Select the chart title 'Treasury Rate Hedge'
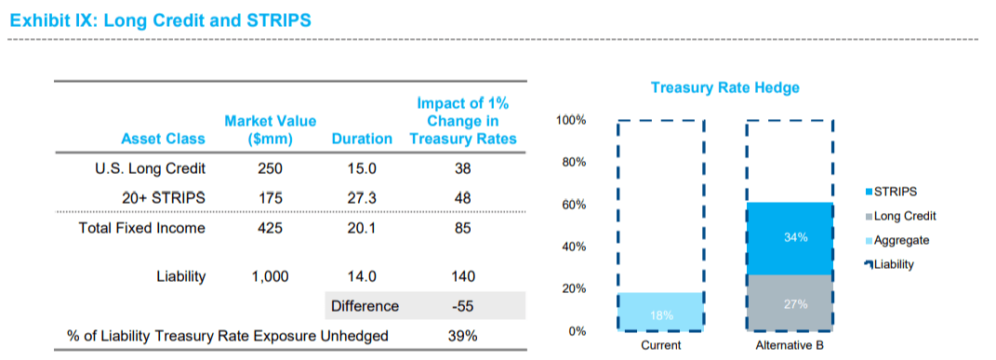click(x=724, y=87)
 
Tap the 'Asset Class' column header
click(x=164, y=139)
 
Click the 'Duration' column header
click(x=362, y=139)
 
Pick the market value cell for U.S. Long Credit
click(x=270, y=168)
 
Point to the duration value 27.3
click(x=362, y=198)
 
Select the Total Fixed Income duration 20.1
click(x=362, y=228)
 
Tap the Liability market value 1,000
click(x=270, y=276)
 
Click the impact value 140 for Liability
click(x=462, y=276)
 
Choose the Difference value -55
click(x=462, y=306)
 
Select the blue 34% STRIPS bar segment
click(x=790, y=238)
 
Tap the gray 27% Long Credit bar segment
click(x=790, y=302)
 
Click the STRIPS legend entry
click(x=894, y=192)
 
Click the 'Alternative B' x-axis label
click(x=790, y=345)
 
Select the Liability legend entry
click(x=894, y=264)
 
